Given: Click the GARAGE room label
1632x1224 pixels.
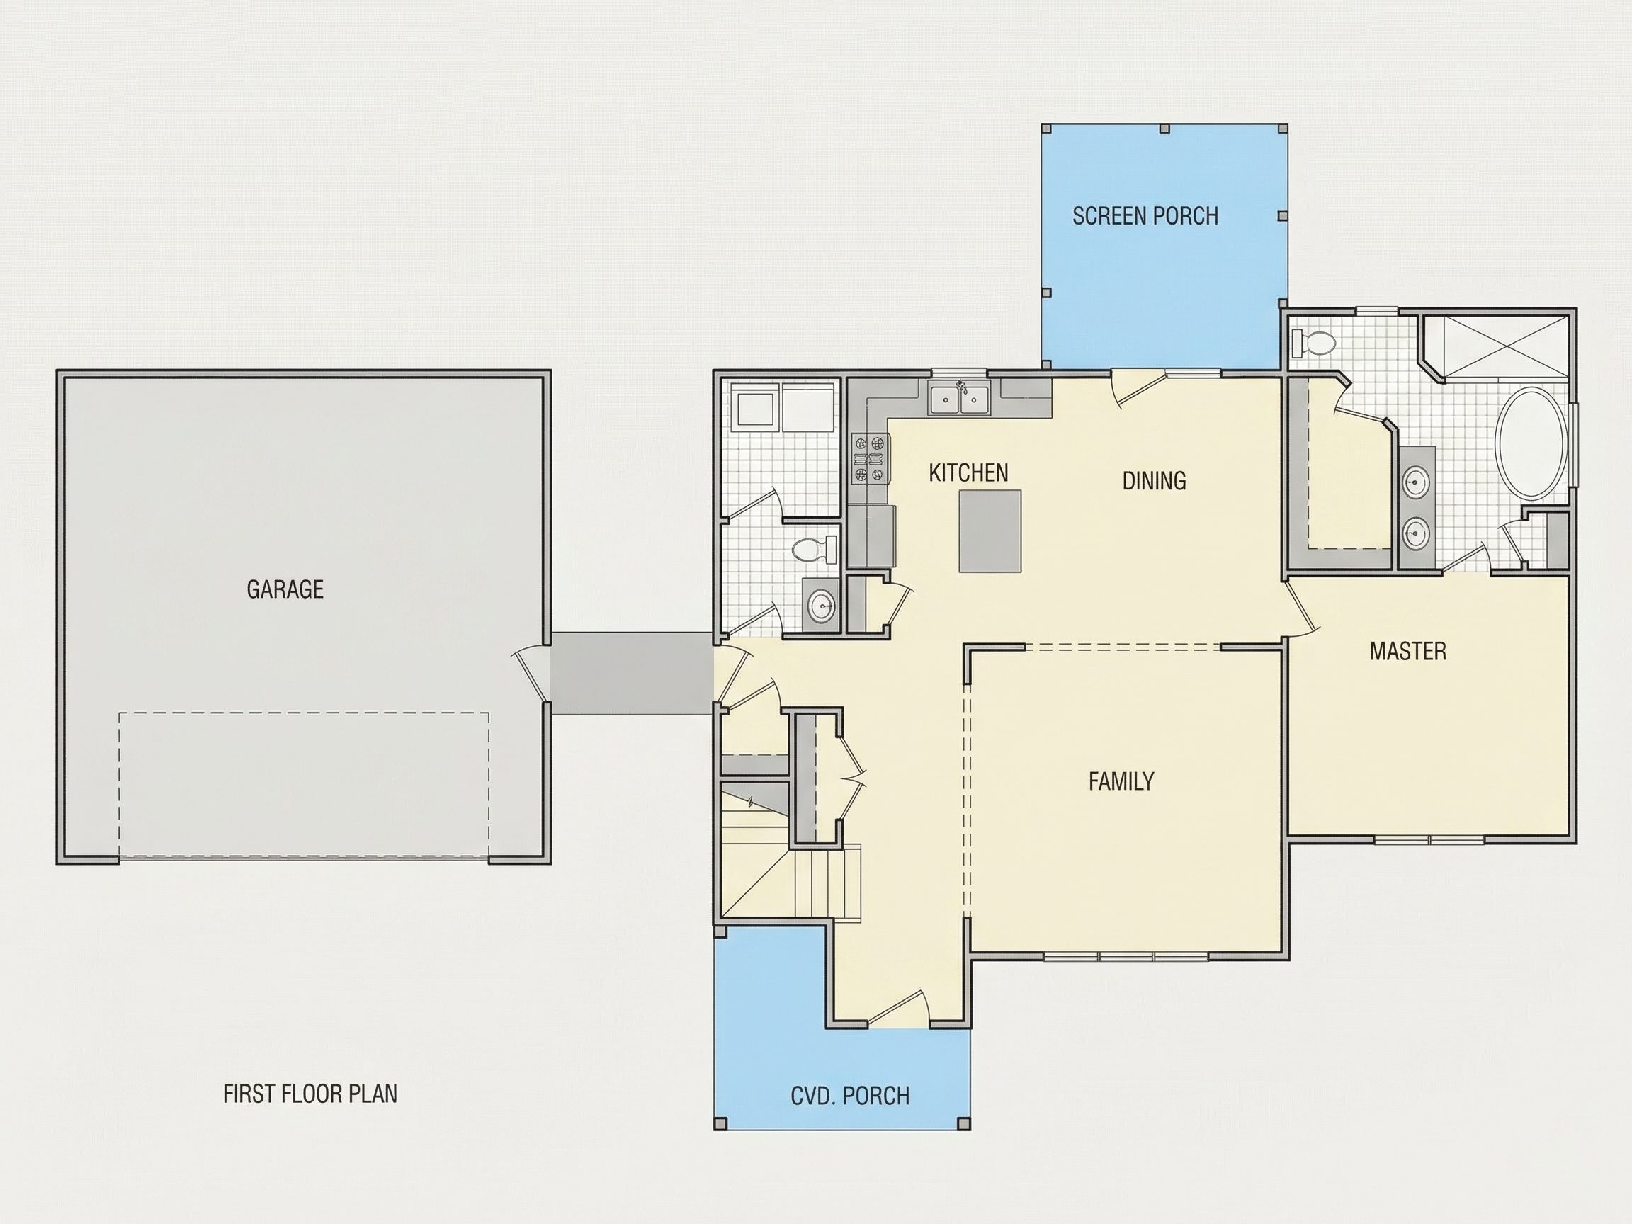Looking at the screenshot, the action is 285,589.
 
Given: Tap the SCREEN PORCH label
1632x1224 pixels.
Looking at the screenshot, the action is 1145,215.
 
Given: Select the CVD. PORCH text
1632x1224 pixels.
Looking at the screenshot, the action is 850,1096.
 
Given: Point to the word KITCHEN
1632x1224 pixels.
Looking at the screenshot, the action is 968,473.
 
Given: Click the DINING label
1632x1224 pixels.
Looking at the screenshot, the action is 1154,481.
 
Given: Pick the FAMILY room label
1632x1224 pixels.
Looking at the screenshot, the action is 1121,781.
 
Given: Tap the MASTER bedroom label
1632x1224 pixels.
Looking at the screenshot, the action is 1407,652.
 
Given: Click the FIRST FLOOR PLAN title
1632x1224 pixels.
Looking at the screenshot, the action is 310,1094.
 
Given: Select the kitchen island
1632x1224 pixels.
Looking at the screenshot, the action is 990,531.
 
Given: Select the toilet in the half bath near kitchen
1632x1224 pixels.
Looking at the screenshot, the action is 815,549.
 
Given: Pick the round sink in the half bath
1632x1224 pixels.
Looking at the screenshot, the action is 821,606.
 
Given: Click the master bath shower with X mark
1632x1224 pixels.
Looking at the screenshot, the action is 1505,346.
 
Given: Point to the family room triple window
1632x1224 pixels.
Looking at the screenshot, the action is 1126,956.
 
